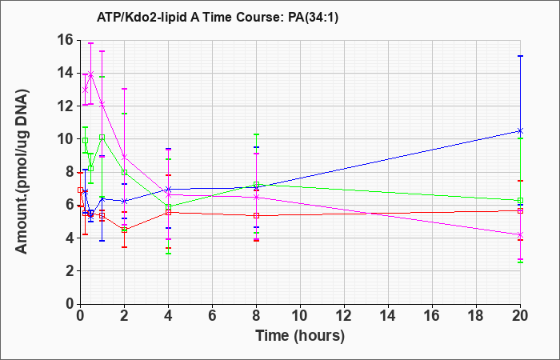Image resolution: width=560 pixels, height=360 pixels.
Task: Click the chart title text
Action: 217,17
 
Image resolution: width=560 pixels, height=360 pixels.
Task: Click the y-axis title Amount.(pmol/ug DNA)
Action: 22,171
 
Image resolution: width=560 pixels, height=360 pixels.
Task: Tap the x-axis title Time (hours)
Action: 300,336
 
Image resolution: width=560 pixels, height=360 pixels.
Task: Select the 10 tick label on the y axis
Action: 66,139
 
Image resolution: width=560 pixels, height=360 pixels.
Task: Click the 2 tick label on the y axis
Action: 70,271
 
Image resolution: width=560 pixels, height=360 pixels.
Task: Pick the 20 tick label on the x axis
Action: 520,316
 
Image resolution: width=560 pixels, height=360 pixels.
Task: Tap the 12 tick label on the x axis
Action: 344,316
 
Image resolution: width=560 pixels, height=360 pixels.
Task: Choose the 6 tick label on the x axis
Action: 212,316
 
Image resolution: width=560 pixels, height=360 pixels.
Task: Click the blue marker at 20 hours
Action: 520,130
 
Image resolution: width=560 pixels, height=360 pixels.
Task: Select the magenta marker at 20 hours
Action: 520,235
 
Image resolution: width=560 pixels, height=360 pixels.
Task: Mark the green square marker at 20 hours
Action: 520,200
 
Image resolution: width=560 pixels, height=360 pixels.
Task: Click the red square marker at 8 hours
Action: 257,215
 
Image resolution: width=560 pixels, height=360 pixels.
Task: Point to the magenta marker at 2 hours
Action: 124,157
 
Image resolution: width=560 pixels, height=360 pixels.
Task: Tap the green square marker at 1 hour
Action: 102,137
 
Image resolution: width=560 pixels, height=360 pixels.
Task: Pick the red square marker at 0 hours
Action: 80,190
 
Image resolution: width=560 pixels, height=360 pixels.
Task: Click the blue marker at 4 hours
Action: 168,189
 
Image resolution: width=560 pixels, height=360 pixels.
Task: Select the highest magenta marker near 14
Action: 91,74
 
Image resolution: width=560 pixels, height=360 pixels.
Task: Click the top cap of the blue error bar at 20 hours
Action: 520,56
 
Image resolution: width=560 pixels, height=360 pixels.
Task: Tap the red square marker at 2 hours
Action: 124,230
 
